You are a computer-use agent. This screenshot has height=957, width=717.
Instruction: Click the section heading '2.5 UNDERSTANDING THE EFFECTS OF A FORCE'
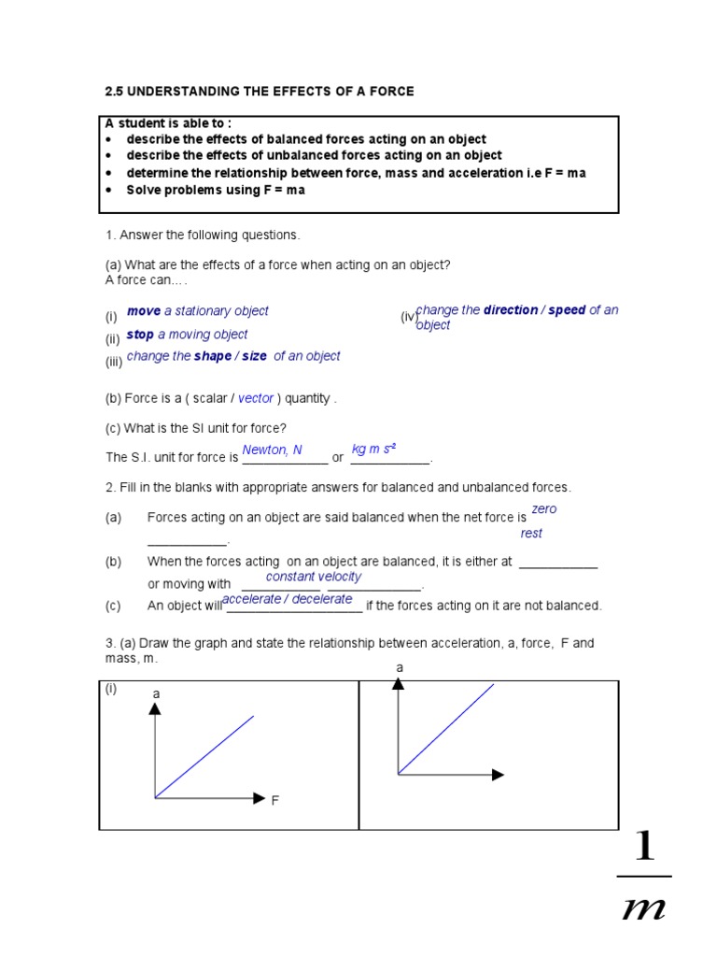click(259, 92)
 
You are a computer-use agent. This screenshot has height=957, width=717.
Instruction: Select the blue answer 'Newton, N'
click(272, 450)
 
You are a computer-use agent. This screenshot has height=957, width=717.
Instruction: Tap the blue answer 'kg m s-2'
click(373, 450)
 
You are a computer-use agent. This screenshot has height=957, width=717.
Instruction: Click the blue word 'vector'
click(256, 398)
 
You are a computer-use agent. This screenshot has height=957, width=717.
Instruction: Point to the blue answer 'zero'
click(543, 509)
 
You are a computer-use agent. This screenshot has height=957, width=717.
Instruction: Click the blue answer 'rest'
click(531, 534)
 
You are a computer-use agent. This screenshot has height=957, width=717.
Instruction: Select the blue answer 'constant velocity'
click(314, 577)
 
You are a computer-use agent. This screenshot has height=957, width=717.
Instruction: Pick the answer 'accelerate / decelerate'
click(288, 599)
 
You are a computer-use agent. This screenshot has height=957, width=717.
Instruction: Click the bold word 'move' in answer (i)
click(144, 311)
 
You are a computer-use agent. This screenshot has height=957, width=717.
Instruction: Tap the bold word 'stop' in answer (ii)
click(140, 335)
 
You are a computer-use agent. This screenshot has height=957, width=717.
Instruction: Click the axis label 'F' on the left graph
click(275, 801)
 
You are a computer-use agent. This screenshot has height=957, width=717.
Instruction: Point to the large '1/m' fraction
click(643, 877)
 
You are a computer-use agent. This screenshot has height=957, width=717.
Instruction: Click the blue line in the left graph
click(204, 757)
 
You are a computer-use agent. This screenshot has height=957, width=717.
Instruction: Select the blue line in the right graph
click(446, 729)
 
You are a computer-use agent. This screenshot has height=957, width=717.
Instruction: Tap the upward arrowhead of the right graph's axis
click(399, 683)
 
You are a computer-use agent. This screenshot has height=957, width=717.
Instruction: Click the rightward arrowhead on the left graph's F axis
click(260, 797)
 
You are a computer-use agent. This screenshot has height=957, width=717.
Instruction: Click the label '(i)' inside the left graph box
click(111, 689)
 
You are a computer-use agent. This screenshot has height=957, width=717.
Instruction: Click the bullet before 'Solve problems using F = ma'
click(108, 190)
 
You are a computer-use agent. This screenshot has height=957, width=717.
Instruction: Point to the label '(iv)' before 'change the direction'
click(408, 318)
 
